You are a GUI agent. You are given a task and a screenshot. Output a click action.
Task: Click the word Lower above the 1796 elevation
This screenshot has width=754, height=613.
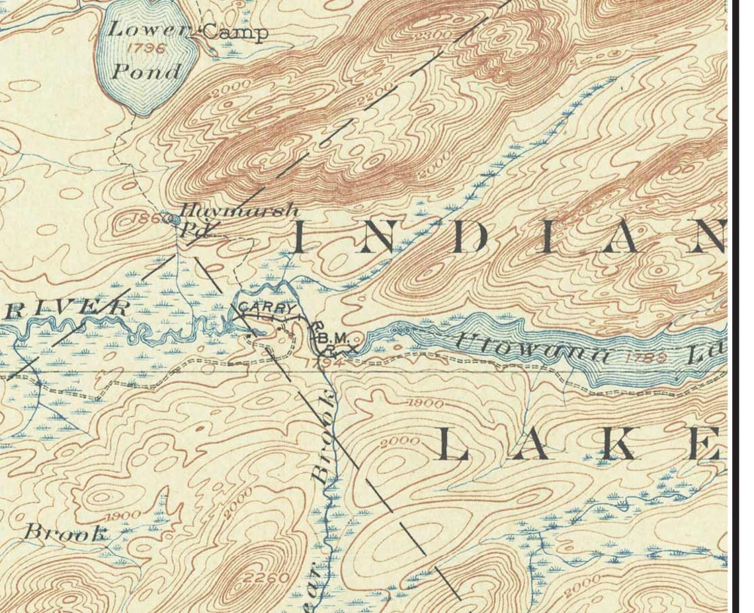pyautogui.click(x=147, y=30)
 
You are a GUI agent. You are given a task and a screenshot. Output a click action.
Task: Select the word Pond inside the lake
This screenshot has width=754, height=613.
pyautogui.click(x=146, y=71)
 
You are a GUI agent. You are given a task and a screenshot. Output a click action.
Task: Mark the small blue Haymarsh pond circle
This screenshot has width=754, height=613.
pyautogui.click(x=175, y=220)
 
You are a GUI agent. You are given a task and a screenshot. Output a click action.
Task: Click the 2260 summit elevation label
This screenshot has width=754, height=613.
pyautogui.click(x=267, y=577)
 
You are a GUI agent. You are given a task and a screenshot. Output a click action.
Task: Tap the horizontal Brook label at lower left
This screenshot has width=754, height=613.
pyautogui.click(x=65, y=532)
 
